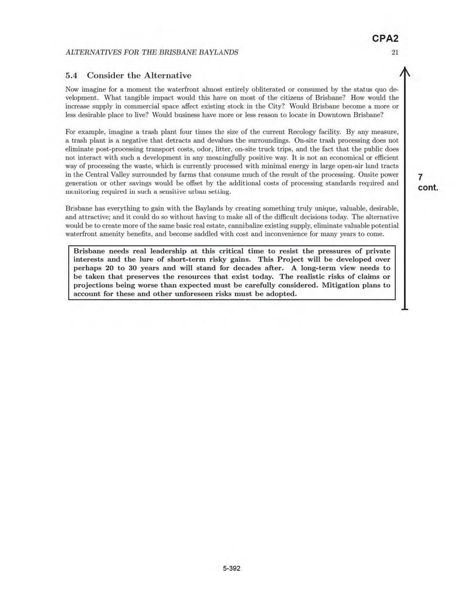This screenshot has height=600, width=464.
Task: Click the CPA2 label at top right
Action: click(385, 39)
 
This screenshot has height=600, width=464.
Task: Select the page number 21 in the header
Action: click(395, 52)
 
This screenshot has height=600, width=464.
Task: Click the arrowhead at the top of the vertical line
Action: click(405, 72)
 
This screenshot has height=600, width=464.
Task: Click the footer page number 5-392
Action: click(231, 568)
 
